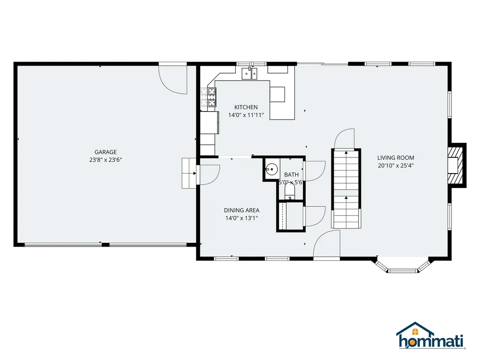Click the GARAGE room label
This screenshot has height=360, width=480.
pyautogui.click(x=105, y=152)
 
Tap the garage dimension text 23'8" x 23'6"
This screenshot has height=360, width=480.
pyautogui.click(x=105, y=160)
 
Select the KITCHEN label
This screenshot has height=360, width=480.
pyautogui.click(x=246, y=107)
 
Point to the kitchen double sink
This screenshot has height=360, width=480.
pyautogui.click(x=249, y=73)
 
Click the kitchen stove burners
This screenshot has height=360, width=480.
pyautogui.click(x=212, y=97)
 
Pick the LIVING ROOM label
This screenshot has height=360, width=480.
pyautogui.click(x=396, y=158)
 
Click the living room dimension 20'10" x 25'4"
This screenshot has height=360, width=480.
pyautogui.click(x=396, y=165)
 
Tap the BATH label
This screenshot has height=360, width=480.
pyautogui.click(x=291, y=175)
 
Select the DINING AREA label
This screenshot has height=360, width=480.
pyautogui.click(x=241, y=210)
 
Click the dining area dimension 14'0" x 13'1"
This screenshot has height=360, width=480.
pyautogui.click(x=241, y=218)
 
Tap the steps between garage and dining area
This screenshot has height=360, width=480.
pyautogui.click(x=189, y=173)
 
